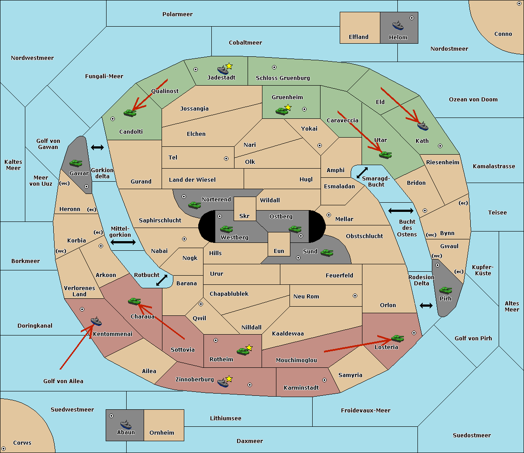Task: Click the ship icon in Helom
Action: pyautogui.click(x=398, y=25)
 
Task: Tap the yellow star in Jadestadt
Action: pyautogui.click(x=229, y=66)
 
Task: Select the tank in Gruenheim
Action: pyautogui.click(x=282, y=111)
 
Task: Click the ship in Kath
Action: pyautogui.click(x=423, y=126)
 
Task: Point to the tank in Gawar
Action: pyautogui.click(x=76, y=163)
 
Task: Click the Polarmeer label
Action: pyautogui.click(x=177, y=14)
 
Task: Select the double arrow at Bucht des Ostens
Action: pyautogui.click(x=400, y=211)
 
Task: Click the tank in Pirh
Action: pyautogui.click(x=445, y=290)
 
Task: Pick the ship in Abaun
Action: pyautogui.click(x=126, y=425)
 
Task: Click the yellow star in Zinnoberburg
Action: pyautogui.click(x=229, y=379)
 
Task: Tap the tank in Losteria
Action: pyautogui.click(x=397, y=338)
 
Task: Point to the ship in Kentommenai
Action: pyautogui.click(x=97, y=322)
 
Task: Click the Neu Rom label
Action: pyautogui.click(x=306, y=296)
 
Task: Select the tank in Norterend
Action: pyautogui.click(x=194, y=205)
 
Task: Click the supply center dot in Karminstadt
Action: pyautogui.click(x=324, y=380)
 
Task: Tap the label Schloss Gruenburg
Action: pyautogui.click(x=283, y=78)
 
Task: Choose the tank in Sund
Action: pyautogui.click(x=327, y=252)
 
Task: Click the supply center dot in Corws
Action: pyautogui.click(x=3, y=449)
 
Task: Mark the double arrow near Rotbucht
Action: pyautogui.click(x=162, y=280)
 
